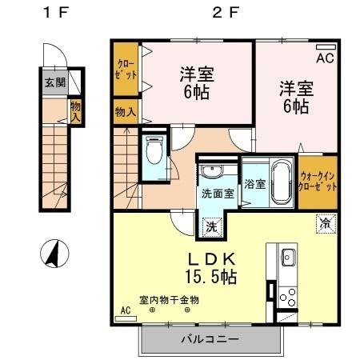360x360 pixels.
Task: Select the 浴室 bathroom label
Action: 255,182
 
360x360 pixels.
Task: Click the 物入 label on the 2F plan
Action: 124,111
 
